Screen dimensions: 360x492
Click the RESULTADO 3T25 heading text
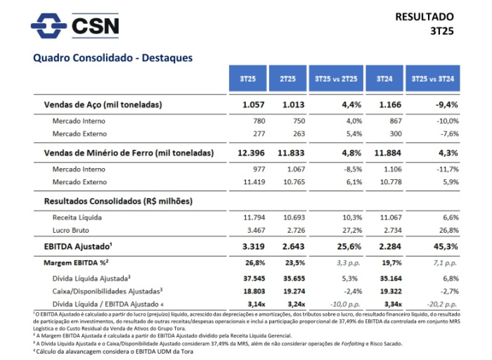[424, 23]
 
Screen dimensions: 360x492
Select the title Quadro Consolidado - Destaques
[112, 58]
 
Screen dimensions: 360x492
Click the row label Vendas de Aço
[103, 105]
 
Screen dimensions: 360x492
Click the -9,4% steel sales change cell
[445, 105]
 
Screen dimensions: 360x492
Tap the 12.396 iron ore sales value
[252, 153]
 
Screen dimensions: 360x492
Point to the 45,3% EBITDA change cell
[445, 247]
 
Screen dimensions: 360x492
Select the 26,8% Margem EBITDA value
[254, 263]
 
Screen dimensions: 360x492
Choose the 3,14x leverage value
[254, 302]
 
